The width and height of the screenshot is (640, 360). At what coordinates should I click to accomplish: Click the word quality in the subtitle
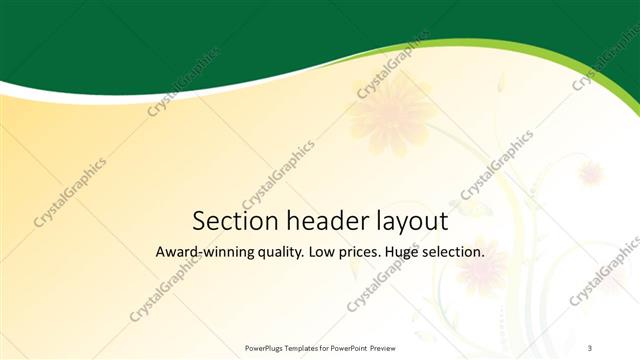[x=279, y=253]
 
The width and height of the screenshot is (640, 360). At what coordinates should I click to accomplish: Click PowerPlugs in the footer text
[x=265, y=347]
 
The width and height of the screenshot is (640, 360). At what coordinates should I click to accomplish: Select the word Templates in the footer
[x=306, y=347]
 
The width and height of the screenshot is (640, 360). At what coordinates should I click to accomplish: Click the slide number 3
[x=590, y=347]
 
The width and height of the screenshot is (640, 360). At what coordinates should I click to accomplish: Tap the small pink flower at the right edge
[x=591, y=173]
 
